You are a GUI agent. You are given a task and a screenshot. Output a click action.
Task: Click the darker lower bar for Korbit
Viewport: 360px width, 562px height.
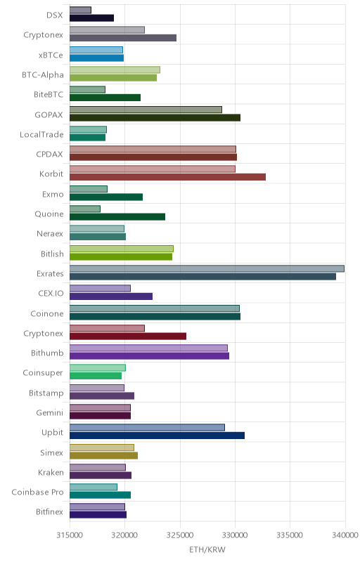pos(167,177)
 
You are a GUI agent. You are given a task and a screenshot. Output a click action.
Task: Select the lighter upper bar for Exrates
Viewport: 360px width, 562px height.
pos(207,268)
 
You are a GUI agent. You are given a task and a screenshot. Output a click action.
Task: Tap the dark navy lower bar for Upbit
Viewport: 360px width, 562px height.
pos(157,436)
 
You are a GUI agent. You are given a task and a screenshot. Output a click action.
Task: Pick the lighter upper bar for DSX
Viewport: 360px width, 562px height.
pos(80,10)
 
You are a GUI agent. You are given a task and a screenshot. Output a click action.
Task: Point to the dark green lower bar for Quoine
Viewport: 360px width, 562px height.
pos(117,217)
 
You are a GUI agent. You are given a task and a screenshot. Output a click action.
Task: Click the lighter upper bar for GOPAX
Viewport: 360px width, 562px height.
pos(146,110)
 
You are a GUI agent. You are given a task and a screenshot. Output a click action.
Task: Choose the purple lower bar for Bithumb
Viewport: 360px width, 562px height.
pos(149,356)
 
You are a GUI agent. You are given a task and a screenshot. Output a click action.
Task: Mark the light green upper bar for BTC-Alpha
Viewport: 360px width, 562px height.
pos(115,70)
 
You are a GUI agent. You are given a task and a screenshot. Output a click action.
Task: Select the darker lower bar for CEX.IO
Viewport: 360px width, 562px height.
pos(111,296)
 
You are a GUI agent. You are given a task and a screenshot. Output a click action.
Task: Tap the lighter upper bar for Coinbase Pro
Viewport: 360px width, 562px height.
pos(94,487)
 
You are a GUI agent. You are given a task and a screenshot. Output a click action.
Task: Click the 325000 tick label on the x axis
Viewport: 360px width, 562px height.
pos(180,535)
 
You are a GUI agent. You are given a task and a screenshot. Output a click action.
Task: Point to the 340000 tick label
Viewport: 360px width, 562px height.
pos(346,535)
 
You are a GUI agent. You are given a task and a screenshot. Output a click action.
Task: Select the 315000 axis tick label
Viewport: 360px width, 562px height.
pos(70,535)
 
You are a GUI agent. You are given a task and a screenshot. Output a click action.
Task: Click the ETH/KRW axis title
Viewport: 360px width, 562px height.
pos(207,550)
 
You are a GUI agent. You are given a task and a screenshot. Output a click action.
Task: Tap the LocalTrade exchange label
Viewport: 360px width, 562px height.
pos(41,135)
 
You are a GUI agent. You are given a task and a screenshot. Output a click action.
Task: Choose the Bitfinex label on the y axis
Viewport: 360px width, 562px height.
pos(49,512)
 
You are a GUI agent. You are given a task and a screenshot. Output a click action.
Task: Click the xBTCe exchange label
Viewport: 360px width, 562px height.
pos(51,55)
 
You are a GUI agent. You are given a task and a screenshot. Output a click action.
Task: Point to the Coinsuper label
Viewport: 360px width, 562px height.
pos(43,373)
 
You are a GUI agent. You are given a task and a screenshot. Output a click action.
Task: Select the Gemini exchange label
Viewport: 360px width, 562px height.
pos(49,413)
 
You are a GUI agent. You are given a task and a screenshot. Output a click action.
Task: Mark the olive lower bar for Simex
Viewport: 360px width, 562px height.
pos(103,455)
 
